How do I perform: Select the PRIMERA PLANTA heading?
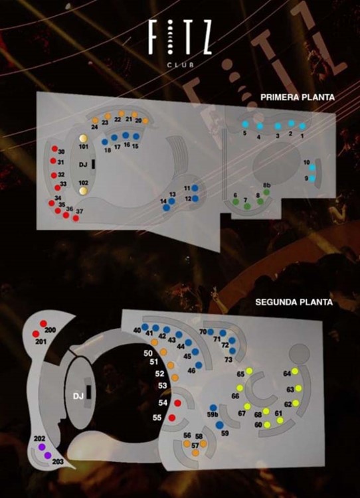point(297,97)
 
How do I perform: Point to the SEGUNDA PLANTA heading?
point(294,302)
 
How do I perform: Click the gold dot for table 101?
point(84,138)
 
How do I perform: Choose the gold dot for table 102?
point(84,191)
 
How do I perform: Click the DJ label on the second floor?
point(78,396)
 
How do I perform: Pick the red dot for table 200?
point(43,323)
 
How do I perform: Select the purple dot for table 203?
point(48,456)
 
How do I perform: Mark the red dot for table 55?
point(171,418)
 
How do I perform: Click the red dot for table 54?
point(177,403)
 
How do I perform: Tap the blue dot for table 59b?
point(213,408)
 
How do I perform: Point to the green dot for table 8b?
point(266,192)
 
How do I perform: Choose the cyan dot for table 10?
point(312,167)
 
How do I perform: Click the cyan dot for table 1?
point(302,125)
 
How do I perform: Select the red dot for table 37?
point(76,218)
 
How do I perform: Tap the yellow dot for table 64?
point(294,372)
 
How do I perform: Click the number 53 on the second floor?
point(161,386)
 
